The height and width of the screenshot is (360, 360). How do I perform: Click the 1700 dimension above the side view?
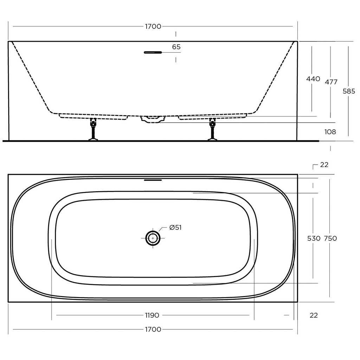coord(153,26)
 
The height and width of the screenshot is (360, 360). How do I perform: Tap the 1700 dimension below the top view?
coord(153,329)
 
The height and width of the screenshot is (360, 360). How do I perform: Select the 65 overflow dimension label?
coord(176,47)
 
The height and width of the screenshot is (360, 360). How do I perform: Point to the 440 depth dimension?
coord(313,79)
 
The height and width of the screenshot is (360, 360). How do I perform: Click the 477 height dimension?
coord(331,82)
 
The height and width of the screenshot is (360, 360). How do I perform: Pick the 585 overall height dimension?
coord(349,91)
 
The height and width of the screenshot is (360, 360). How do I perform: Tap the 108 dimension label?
coord(330,132)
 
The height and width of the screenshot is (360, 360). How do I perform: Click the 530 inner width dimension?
coord(314,239)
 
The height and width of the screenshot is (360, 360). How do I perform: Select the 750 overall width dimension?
coord(330,239)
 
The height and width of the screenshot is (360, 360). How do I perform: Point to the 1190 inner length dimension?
coord(152,315)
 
